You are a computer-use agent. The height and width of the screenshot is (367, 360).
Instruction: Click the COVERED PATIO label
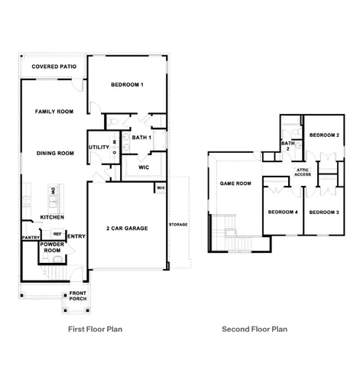tap(53, 67)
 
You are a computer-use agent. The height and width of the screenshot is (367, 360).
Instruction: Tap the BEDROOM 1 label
tap(127, 84)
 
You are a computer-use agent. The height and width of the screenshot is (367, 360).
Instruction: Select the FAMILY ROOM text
tap(54, 112)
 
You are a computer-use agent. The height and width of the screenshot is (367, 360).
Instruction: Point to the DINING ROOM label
tap(55, 153)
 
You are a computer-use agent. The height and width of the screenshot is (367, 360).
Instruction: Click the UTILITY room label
tap(99, 147)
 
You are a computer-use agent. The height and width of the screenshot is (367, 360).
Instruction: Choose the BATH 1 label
tap(141, 138)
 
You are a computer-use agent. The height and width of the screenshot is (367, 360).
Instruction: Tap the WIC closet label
tap(143, 166)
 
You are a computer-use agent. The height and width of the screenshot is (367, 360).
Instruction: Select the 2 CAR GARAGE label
tap(126, 228)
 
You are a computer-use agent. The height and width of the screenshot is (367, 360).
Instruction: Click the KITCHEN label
tap(52, 217)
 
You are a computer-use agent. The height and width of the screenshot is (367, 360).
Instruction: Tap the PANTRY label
tap(31, 237)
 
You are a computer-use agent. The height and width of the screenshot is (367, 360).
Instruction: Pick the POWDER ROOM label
tap(52, 247)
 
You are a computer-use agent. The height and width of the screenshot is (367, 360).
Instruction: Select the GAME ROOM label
tap(235, 183)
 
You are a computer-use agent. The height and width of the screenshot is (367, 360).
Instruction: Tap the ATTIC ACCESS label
tap(303, 172)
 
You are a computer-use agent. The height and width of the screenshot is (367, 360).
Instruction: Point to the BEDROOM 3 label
tap(324, 212)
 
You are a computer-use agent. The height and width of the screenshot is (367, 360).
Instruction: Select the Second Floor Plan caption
tap(255, 330)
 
